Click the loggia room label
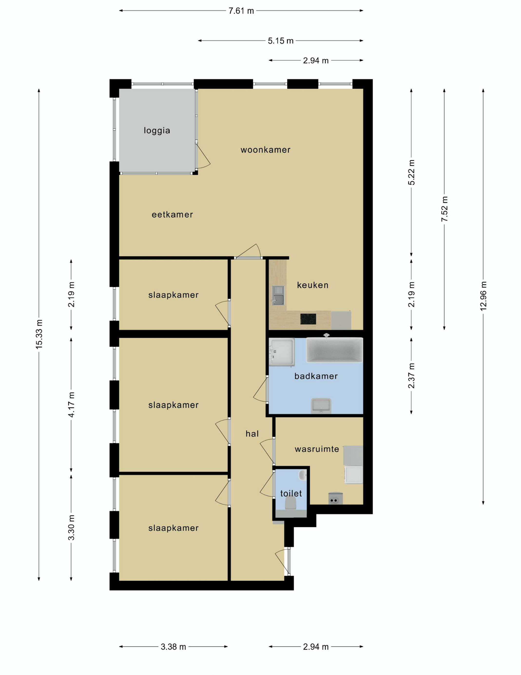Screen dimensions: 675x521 tap(157, 130)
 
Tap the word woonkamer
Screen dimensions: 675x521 tap(265, 150)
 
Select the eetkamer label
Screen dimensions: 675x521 tap(172, 215)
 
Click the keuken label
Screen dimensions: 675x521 tap(313, 285)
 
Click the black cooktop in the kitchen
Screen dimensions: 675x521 tap(308, 319)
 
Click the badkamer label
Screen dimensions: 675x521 tap(316, 376)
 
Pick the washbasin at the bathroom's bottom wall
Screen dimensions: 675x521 tap(321, 406)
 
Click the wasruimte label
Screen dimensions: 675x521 tap(317, 449)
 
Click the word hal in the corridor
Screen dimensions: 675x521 tap(252, 434)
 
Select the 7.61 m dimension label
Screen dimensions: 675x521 tap(241, 11)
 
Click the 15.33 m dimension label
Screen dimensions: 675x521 tap(39, 334)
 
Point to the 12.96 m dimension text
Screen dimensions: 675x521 tap(483, 296)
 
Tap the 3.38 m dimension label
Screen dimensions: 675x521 tap(173, 646)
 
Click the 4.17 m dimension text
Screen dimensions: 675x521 tap(71, 405)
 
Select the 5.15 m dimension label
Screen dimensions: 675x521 tap(280, 41)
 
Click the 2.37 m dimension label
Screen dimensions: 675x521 tap(411, 376)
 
